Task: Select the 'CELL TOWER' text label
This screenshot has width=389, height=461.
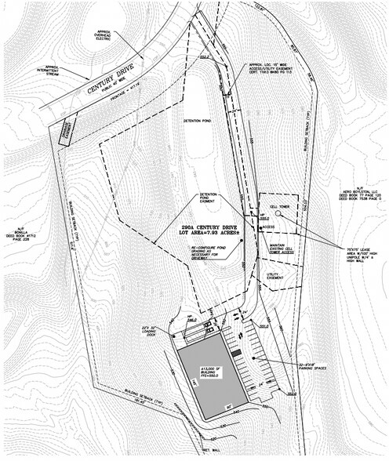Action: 281,206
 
